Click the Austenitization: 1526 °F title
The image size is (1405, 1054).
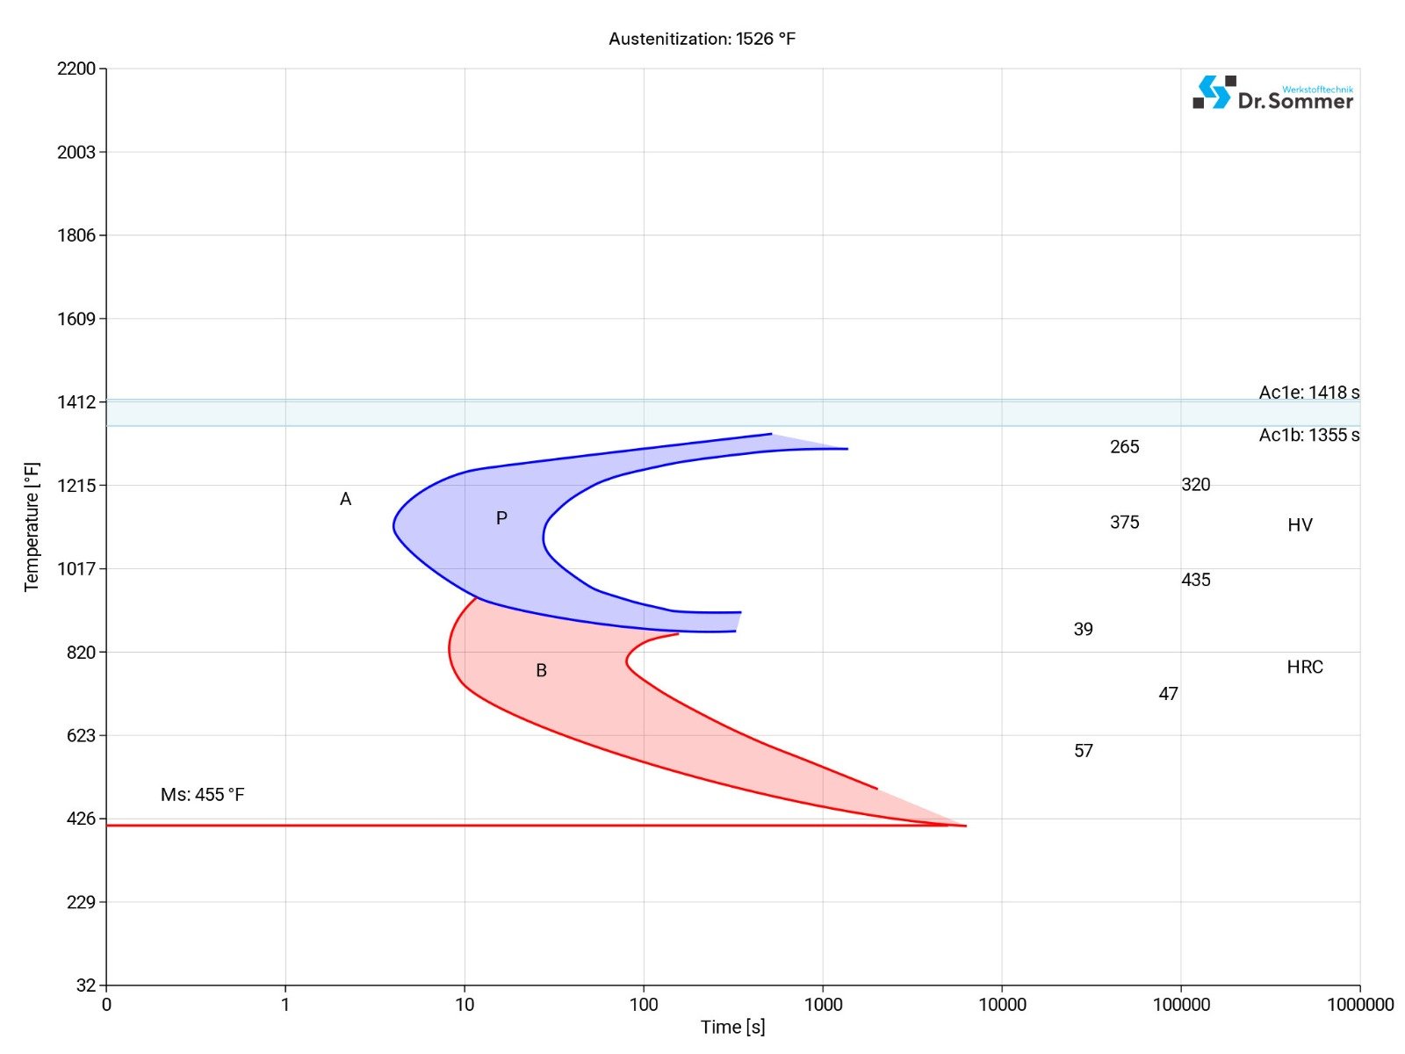(x=702, y=39)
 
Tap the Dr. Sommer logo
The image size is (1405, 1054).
(x=1272, y=93)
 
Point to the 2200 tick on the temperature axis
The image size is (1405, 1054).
(x=76, y=69)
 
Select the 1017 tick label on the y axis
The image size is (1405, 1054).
(x=76, y=568)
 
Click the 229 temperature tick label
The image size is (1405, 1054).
(x=81, y=902)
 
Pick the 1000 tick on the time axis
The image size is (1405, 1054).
(x=823, y=1004)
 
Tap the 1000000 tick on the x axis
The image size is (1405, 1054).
(x=1359, y=1004)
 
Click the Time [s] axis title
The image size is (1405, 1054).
(x=732, y=1027)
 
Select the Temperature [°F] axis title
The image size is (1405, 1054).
(x=32, y=527)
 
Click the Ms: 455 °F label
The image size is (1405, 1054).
(x=202, y=794)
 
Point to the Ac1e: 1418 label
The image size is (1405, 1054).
(x=1308, y=393)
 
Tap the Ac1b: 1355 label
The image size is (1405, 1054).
(x=1308, y=435)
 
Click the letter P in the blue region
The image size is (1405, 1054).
(x=501, y=518)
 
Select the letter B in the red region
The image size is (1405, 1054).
(x=541, y=670)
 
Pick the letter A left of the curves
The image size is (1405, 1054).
(x=345, y=499)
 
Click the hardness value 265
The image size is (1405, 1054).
(x=1124, y=446)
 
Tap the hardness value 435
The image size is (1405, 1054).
(x=1195, y=580)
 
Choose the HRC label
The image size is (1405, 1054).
(x=1304, y=667)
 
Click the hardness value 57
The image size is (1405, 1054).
(x=1083, y=750)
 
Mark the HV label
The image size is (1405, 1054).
(x=1300, y=525)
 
